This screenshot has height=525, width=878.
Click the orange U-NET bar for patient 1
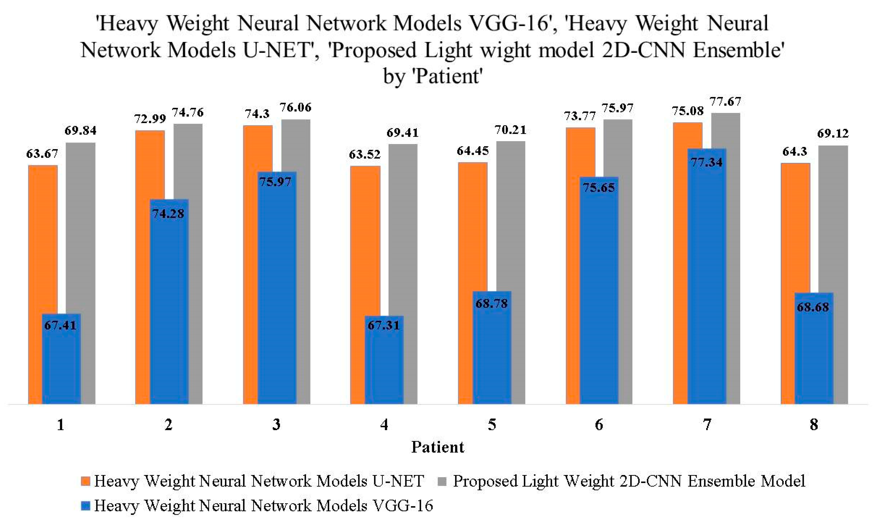click(35, 241)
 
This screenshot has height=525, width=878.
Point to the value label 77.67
click(725, 102)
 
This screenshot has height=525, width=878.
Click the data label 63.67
click(42, 154)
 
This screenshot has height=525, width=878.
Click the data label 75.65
click(599, 188)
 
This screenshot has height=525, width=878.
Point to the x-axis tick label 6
click(599, 424)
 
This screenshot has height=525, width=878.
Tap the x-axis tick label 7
click(707, 424)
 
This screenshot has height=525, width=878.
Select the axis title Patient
click(438, 447)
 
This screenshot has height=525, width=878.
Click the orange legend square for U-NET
click(85, 481)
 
